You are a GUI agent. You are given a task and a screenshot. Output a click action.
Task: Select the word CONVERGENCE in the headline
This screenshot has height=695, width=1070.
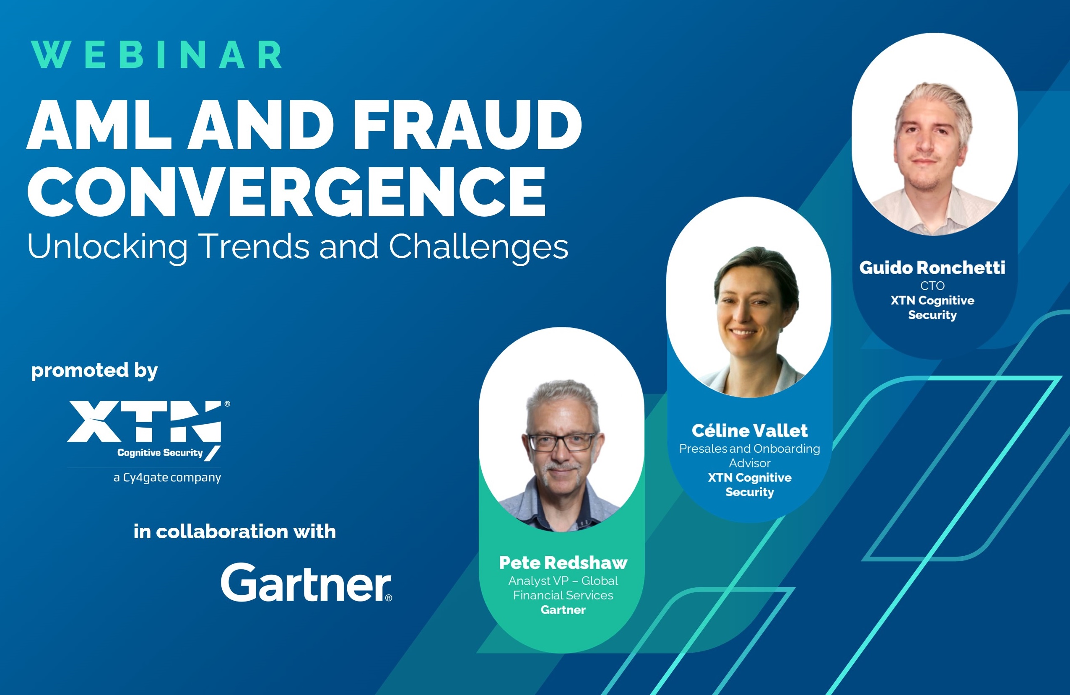click(286, 192)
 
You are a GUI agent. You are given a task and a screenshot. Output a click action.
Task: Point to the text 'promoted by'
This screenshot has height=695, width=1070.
click(94, 371)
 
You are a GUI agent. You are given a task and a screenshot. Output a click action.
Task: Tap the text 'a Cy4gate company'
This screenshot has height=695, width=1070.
click(167, 478)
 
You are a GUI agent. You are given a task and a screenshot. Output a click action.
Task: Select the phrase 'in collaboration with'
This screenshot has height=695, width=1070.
click(235, 532)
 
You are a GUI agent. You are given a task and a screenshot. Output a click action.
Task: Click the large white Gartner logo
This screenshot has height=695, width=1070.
click(306, 583)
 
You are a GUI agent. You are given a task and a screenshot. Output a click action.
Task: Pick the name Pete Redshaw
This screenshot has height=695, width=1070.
click(563, 563)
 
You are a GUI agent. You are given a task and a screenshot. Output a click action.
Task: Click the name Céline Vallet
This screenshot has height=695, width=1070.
click(749, 430)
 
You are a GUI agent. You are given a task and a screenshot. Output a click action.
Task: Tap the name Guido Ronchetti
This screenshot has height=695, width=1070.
click(932, 268)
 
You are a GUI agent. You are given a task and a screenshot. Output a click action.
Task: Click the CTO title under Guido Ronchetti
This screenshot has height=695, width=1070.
click(932, 286)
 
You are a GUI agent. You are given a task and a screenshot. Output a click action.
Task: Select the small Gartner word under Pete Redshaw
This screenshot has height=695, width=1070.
click(563, 610)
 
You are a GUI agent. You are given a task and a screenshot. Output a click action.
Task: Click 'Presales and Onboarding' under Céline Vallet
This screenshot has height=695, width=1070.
click(749, 449)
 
